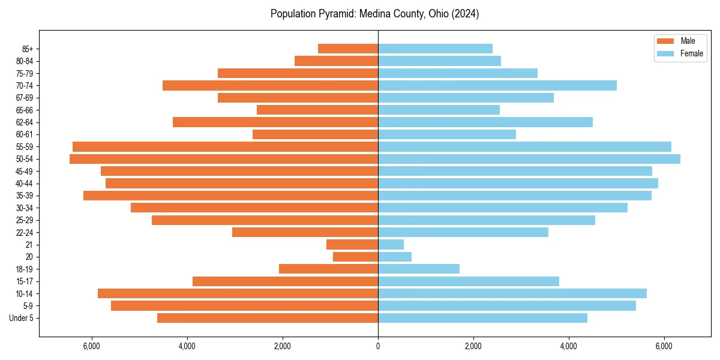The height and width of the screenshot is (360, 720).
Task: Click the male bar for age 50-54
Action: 224,159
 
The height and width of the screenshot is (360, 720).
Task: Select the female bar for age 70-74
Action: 497,86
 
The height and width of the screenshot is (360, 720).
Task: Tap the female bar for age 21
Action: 391,245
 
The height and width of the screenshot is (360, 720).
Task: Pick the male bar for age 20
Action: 356,257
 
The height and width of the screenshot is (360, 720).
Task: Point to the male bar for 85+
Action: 348,49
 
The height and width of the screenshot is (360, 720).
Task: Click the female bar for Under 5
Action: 482,318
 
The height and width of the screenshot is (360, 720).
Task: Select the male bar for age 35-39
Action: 231,196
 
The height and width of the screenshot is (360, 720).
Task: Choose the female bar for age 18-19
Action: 419,269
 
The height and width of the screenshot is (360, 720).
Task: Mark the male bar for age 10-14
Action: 238,293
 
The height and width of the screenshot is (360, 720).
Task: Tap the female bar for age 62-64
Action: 485,122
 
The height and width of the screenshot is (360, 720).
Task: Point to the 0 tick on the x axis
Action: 378,346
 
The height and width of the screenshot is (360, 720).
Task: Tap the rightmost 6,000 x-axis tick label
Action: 664,346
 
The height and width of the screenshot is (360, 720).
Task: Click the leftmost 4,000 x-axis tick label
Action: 187,346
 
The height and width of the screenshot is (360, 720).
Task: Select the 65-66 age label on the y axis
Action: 24,110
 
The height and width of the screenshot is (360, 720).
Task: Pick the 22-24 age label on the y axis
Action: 24,233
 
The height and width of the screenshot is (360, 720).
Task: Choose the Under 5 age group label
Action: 22,318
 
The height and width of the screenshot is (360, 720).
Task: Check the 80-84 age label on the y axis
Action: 24,61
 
